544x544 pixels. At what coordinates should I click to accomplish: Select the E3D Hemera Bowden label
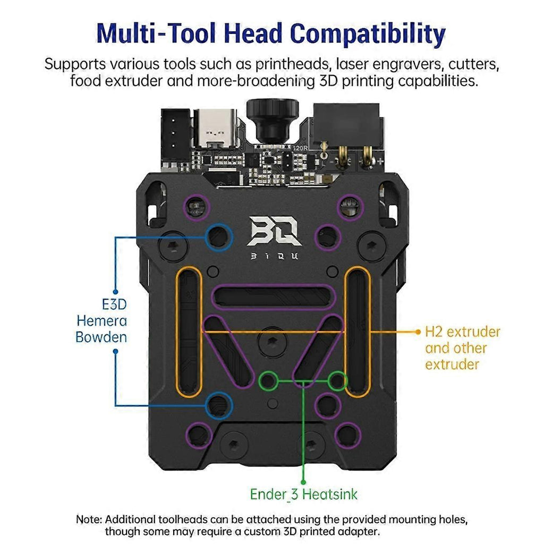[101, 321]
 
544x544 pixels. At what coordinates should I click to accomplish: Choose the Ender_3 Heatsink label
[304, 494]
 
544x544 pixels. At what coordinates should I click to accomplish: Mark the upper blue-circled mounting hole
[218, 237]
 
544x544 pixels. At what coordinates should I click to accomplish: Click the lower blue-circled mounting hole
[218, 406]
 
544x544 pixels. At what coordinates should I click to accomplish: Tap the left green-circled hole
[269, 380]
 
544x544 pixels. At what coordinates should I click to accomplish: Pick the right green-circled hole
[337, 380]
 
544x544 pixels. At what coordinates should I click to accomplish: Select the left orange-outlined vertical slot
[189, 332]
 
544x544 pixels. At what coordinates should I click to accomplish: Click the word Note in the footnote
[88, 519]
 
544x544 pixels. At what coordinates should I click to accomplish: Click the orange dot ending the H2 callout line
[418, 331]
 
